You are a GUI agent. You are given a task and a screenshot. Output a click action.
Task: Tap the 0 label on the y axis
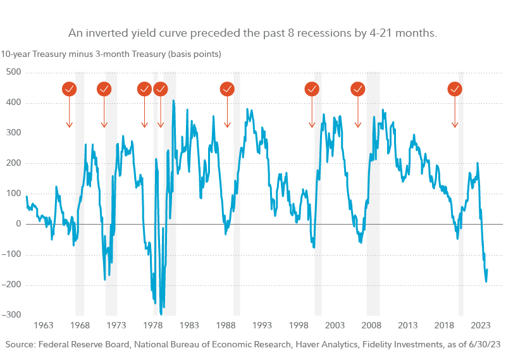tap(19, 224)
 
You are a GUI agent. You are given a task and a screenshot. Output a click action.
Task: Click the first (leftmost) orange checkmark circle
tap(70, 89)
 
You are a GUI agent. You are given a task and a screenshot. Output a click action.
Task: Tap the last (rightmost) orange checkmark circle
tap(455, 89)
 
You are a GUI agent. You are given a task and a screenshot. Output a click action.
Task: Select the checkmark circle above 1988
tap(227, 89)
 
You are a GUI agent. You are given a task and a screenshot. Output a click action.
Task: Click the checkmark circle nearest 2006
tap(357, 89)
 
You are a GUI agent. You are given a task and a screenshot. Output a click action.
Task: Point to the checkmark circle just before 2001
tap(312, 89)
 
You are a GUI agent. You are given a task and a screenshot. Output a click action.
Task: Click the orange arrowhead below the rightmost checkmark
tap(455, 125)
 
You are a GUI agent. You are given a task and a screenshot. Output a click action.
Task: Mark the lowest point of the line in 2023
tap(486, 282)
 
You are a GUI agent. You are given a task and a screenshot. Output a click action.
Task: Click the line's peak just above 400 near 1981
tap(173, 101)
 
